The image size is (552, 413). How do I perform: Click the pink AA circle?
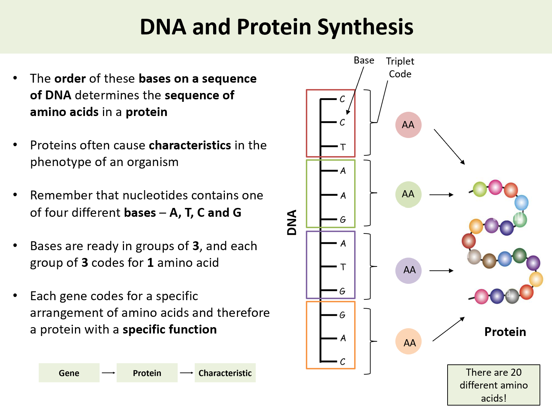click(408, 125)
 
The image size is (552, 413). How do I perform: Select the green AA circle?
click(408, 194)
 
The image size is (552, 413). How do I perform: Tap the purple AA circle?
click(408, 270)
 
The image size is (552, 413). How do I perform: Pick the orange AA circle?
click(408, 342)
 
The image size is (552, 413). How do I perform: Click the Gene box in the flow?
click(69, 373)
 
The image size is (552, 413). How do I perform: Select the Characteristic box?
click(225, 373)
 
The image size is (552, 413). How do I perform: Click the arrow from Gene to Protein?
click(108, 373)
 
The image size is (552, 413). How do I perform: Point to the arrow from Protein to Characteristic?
click(186, 373)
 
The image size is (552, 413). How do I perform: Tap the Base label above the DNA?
click(364, 60)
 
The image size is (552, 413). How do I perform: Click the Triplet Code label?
click(400, 67)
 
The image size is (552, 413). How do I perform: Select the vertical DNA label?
click(292, 222)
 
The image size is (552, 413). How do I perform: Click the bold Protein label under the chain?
click(505, 332)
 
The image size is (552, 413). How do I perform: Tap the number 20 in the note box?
click(516, 372)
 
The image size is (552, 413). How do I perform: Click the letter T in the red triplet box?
click(343, 147)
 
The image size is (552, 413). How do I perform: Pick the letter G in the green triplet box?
click(343, 220)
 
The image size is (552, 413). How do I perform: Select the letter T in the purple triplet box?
click(343, 267)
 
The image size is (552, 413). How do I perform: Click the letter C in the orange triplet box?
click(342, 362)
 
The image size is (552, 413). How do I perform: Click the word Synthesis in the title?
click(365, 27)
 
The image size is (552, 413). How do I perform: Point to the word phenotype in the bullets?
click(61, 162)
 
